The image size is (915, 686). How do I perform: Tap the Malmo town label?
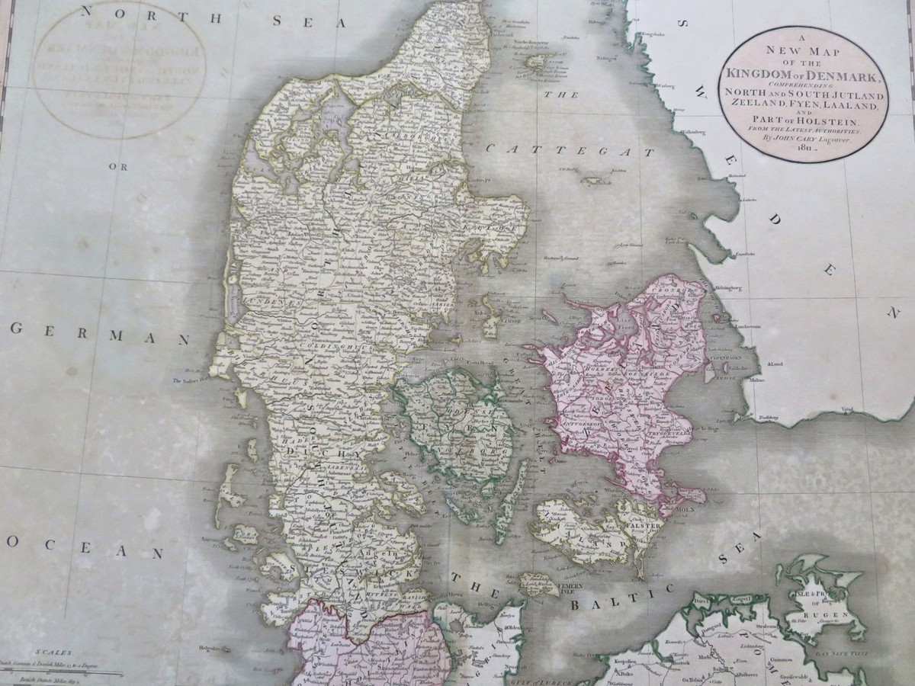pos(748,380)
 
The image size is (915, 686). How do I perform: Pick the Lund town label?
pos(778,364)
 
